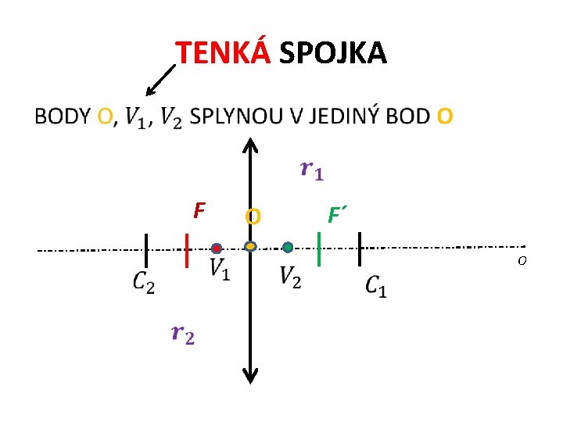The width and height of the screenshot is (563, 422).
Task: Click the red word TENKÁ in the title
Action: (x=223, y=53)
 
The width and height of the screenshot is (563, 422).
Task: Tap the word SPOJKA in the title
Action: (x=332, y=53)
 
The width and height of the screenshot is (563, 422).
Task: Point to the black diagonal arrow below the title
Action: (x=161, y=79)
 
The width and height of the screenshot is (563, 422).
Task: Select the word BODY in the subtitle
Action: (x=63, y=116)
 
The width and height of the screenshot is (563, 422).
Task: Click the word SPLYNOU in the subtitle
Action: (x=238, y=116)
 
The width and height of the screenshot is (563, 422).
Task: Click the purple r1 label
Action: (x=311, y=170)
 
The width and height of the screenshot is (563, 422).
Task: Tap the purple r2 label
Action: (x=182, y=334)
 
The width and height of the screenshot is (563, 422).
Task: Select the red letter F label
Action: (x=199, y=210)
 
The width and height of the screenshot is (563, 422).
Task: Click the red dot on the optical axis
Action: (x=216, y=248)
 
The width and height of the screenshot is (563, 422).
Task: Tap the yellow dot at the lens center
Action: (x=250, y=247)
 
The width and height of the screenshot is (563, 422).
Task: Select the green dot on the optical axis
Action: (x=288, y=247)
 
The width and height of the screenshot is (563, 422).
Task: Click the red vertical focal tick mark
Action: (x=186, y=250)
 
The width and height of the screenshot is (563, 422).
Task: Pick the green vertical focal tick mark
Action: (x=320, y=249)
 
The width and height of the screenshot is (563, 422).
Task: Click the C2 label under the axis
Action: (x=143, y=281)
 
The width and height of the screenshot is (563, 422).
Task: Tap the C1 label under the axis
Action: (x=375, y=285)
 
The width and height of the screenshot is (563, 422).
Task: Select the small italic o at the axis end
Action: (x=522, y=260)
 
